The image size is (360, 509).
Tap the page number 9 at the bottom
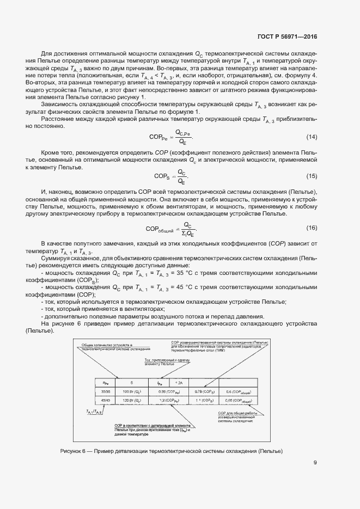(315, 463)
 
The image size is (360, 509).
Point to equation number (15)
(312, 176)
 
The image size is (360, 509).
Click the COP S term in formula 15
(162, 176)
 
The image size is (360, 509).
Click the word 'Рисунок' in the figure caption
(72, 451)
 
